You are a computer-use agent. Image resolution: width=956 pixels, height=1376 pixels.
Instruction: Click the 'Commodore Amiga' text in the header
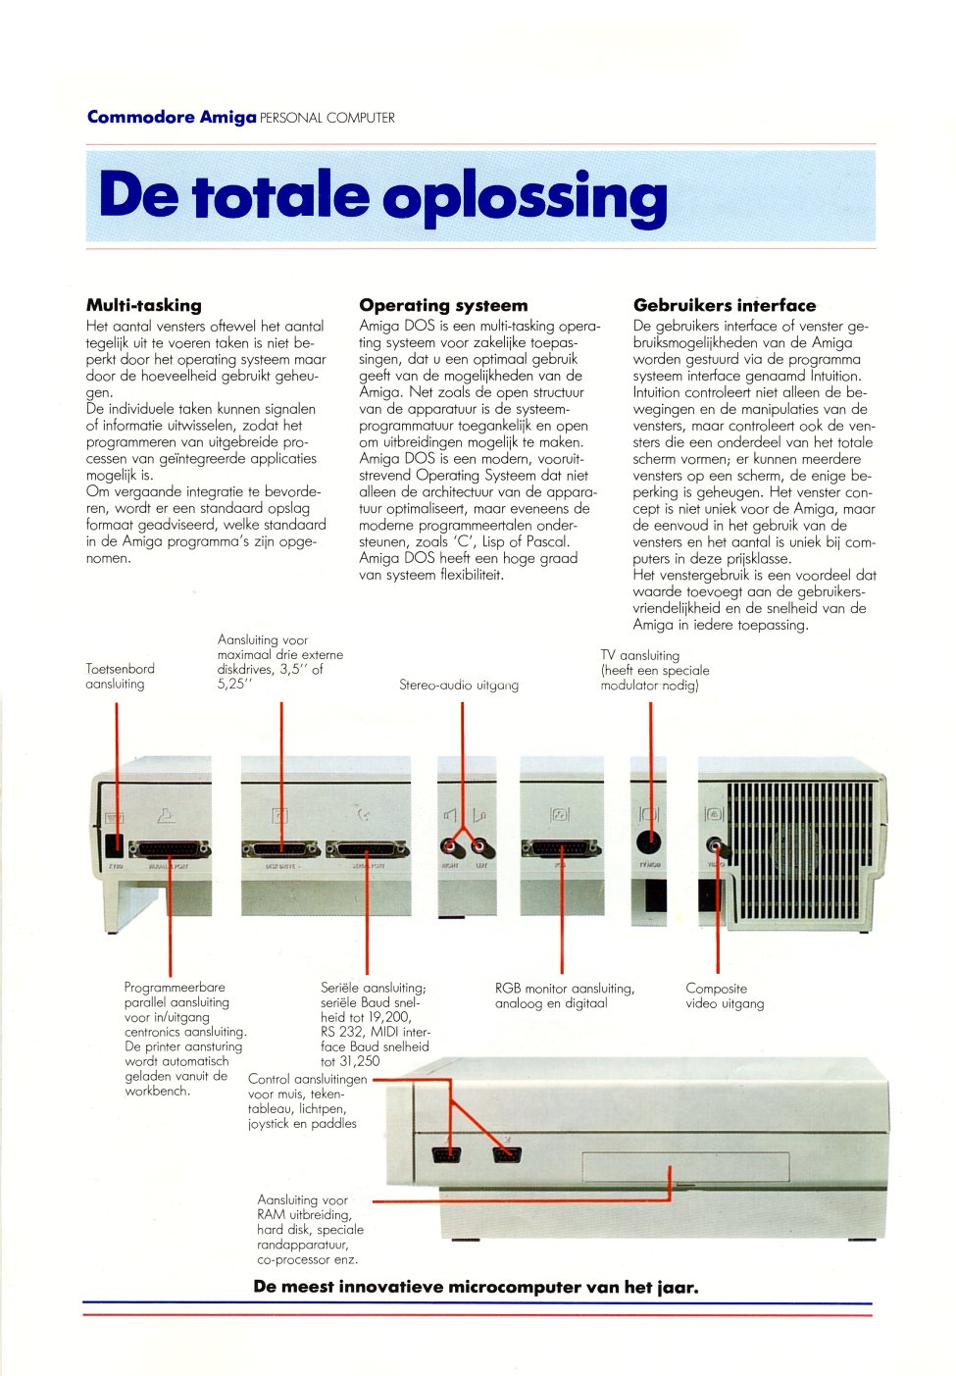(172, 118)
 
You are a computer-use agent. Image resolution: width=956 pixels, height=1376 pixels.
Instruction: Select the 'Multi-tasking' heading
(143, 305)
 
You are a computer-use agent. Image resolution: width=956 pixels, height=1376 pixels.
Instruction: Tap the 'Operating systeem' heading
(443, 305)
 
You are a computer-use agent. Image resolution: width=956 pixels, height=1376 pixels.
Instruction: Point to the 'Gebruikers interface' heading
(724, 305)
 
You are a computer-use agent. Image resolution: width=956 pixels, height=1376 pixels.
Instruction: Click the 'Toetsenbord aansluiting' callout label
(120, 676)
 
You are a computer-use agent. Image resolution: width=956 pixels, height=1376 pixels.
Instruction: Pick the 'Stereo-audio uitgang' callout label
(458, 685)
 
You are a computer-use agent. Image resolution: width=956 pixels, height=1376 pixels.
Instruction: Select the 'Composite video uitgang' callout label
(724, 995)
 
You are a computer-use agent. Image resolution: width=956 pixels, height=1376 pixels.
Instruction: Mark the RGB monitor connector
(561, 848)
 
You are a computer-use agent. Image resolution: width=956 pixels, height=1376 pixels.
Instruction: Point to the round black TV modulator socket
(649, 842)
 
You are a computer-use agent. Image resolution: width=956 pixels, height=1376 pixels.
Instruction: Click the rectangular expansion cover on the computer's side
(685, 1167)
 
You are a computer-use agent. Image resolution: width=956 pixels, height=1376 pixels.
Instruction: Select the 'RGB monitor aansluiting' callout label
(564, 995)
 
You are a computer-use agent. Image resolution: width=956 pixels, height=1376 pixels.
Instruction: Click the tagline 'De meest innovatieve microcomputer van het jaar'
(476, 1287)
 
